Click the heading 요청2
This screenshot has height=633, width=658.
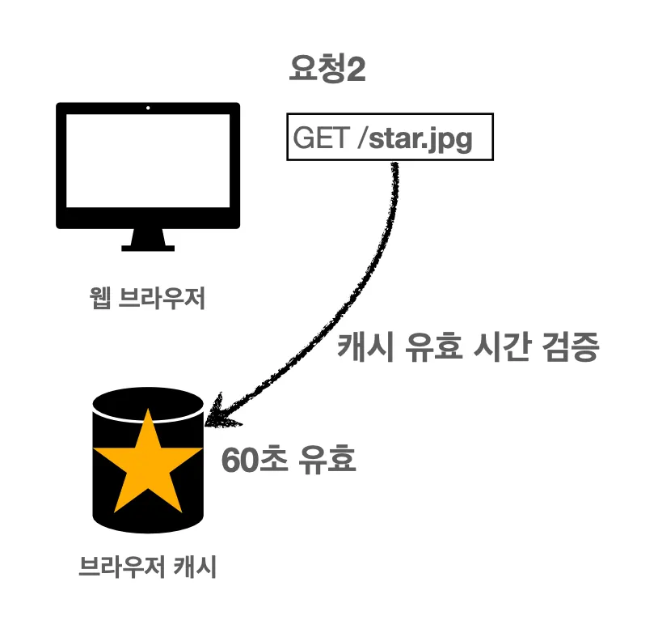click(x=327, y=70)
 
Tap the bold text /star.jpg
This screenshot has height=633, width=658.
click(x=419, y=140)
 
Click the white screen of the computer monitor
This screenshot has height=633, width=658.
click(x=147, y=163)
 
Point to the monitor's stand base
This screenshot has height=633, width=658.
click(x=147, y=245)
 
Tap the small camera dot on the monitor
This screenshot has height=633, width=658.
click(x=147, y=108)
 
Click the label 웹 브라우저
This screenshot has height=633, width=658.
click(x=148, y=299)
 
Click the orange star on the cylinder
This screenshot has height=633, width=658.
click(x=147, y=462)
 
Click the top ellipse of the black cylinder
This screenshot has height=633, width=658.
click(x=147, y=401)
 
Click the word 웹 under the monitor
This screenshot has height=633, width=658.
click(x=99, y=299)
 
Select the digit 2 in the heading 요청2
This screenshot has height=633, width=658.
click(x=356, y=70)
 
